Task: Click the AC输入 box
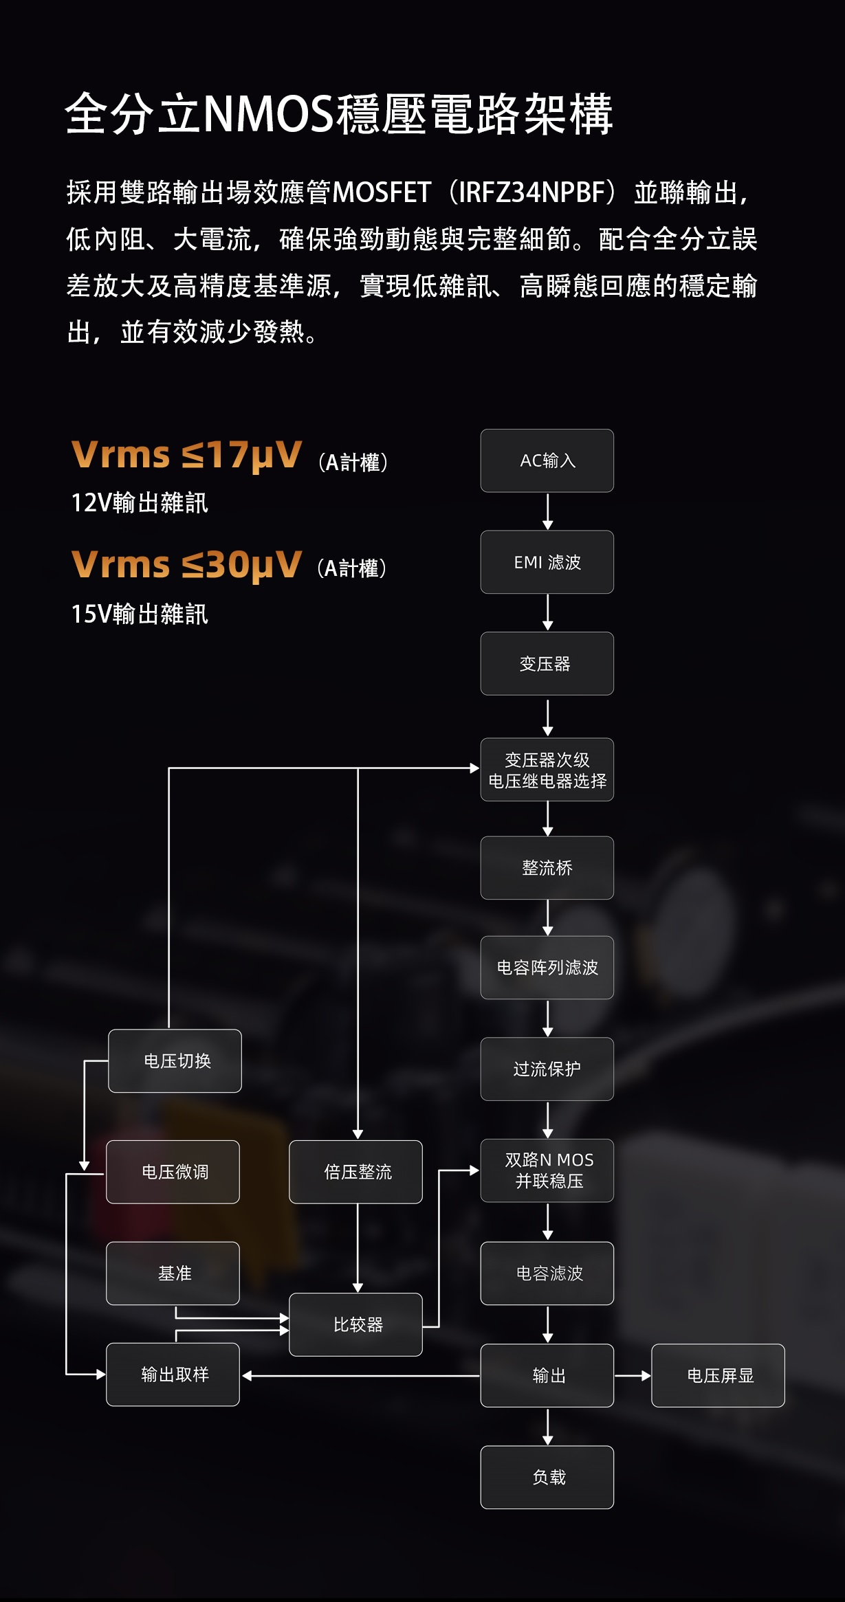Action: [x=547, y=460]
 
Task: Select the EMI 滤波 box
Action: [x=547, y=562]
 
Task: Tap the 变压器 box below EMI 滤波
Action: [x=547, y=663]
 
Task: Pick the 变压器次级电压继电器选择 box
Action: [x=547, y=770]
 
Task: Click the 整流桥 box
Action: [x=547, y=868]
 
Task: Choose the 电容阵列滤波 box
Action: [x=547, y=968]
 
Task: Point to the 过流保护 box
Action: [x=547, y=1069]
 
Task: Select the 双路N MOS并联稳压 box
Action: [x=547, y=1170]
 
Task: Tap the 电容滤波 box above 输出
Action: [x=547, y=1273]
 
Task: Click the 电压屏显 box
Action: [x=718, y=1375]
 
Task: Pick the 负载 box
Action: [x=547, y=1477]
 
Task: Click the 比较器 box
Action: [x=355, y=1324]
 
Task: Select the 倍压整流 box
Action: [x=355, y=1172]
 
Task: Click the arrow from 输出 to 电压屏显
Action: [x=632, y=1375]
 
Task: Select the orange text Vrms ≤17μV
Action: [x=186, y=455]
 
